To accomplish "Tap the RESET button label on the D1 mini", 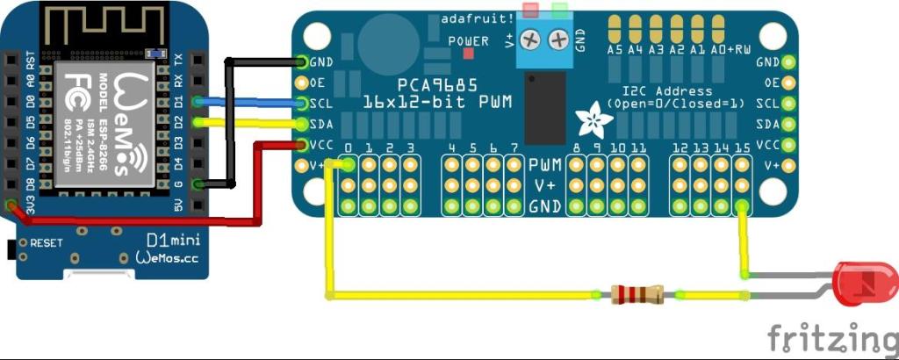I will (47, 242).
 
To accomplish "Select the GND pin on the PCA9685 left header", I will (303, 62).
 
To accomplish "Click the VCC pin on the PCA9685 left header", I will (303, 145).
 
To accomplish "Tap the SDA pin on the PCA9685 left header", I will (303, 124).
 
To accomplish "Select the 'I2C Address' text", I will (666, 90).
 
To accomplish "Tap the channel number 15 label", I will (742, 148).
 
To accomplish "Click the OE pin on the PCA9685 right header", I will (788, 83).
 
